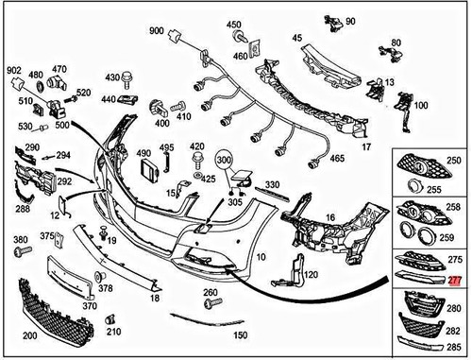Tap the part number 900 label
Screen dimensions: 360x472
point(156,31)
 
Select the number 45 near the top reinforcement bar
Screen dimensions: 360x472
point(296,38)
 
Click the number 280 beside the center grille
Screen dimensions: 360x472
point(455,308)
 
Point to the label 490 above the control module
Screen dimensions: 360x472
point(143,152)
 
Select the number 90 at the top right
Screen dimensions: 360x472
point(350,20)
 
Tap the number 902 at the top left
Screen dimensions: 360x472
point(14,70)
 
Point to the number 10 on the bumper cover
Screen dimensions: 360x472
point(261,256)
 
